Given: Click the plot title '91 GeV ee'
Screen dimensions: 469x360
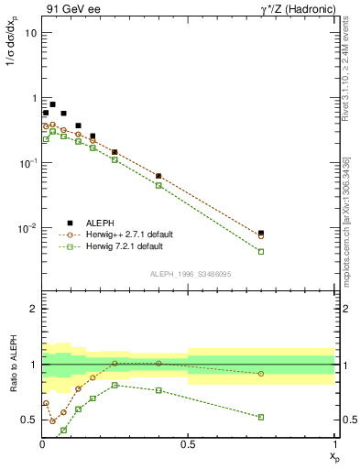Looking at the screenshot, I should [71, 10].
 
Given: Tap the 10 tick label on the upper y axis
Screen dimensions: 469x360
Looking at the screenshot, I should [30, 33].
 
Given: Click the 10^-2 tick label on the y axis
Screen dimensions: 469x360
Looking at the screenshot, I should [27, 227].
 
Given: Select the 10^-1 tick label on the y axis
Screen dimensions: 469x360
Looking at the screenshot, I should [27, 162].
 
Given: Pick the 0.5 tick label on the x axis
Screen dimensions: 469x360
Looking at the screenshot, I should [188, 444].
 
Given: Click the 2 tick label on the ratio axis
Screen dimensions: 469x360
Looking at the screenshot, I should [33, 310].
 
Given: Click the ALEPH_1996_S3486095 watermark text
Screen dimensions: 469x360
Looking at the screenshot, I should [189, 274].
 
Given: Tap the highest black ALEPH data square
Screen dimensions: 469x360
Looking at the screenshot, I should [52, 104].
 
